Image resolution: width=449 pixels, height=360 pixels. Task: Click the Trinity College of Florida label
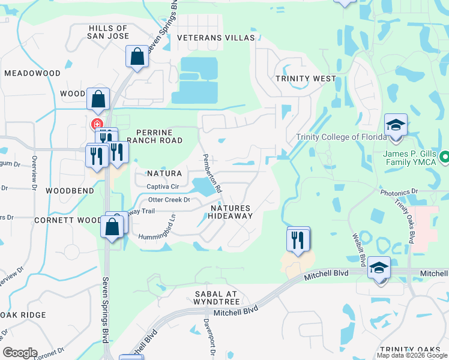[340, 137]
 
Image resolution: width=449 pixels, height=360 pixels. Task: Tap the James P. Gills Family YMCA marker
[444, 157]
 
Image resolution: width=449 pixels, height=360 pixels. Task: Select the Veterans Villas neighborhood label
[216, 38]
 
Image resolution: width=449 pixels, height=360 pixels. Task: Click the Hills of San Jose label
[108, 32]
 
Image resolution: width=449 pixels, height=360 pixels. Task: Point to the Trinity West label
[306, 79]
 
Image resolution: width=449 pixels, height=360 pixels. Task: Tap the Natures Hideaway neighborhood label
[231, 212]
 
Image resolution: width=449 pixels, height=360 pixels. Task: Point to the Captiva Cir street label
[163, 187]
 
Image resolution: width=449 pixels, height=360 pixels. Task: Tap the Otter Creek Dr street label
[169, 200]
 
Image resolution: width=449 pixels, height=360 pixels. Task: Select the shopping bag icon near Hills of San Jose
[137, 58]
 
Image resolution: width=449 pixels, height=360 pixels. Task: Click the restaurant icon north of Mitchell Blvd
[298, 239]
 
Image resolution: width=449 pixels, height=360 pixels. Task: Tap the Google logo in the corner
[20, 353]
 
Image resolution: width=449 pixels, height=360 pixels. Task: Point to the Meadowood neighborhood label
[32, 73]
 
